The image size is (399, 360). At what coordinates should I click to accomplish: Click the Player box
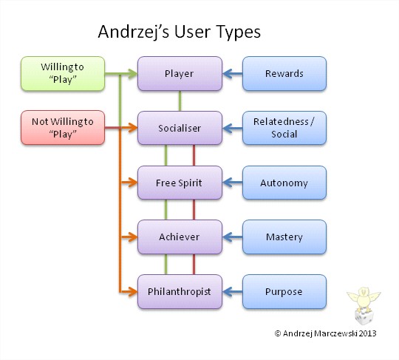tap(180, 74)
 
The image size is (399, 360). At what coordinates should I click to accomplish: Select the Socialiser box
tap(180, 128)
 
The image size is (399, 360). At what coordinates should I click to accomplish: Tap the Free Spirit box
tap(180, 183)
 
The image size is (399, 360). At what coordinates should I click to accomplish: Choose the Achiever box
tap(180, 237)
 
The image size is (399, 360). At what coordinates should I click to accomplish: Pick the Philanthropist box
tap(180, 291)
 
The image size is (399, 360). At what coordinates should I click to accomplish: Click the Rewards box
tap(284, 74)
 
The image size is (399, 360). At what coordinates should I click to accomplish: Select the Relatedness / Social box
tap(284, 128)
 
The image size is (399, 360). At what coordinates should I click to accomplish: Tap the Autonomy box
tap(284, 183)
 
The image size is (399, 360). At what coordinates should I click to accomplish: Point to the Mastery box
tap(284, 237)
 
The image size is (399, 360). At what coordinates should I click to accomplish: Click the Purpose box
tap(284, 291)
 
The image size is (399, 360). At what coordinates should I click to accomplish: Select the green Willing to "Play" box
tap(63, 74)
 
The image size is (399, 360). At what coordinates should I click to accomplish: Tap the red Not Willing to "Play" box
tap(63, 128)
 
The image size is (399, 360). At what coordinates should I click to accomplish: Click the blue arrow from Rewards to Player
tap(233, 74)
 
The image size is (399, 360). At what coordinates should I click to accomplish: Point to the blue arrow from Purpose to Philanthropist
tap(233, 292)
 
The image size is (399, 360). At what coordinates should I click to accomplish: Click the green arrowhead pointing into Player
tap(132, 74)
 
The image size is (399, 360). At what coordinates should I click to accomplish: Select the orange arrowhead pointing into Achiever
tap(132, 237)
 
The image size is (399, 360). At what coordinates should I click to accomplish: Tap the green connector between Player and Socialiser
tap(180, 101)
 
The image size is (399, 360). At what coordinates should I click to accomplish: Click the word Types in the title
tap(239, 33)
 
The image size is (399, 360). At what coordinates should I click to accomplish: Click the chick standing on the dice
tap(364, 299)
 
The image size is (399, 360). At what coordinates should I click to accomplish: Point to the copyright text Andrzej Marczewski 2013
tap(330, 333)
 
